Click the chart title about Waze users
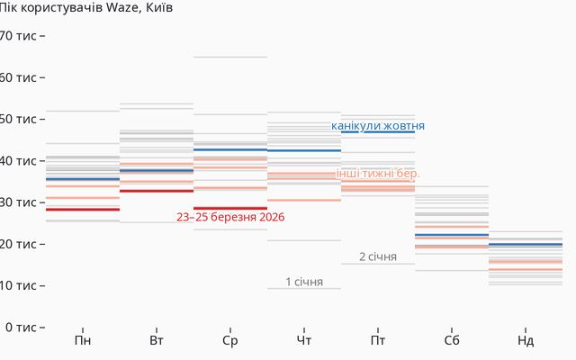tap(86, 8)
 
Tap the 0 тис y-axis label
tap(22, 327)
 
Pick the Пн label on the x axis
tap(83, 341)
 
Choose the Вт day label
tap(157, 341)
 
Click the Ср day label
tap(230, 341)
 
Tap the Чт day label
tap(304, 341)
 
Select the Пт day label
tap(378, 341)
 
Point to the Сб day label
tap(452, 341)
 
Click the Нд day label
tap(526, 341)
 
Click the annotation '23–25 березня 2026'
tap(230, 217)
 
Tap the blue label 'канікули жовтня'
tap(378, 126)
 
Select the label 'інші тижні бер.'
tap(378, 173)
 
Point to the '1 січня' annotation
tap(304, 282)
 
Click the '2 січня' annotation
tap(378, 256)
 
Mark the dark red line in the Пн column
tap(83, 210)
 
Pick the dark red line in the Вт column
tap(157, 191)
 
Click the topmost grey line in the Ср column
tap(230, 58)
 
